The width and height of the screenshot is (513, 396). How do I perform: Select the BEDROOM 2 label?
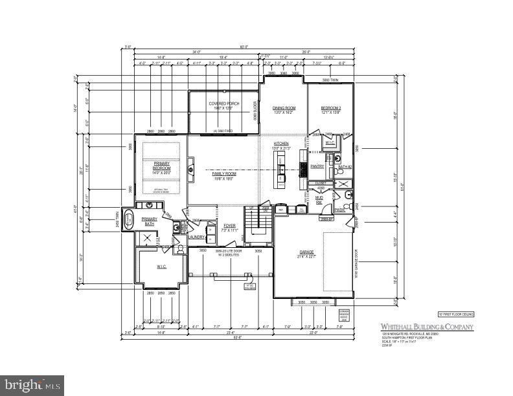point(330,108)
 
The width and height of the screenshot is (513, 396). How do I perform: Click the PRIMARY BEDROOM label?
point(161,166)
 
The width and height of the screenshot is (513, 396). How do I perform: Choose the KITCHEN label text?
point(282,143)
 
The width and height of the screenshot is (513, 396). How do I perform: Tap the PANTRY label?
point(317,166)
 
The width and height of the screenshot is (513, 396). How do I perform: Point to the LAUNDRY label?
point(197,237)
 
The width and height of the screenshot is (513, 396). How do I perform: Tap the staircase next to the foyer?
point(258,223)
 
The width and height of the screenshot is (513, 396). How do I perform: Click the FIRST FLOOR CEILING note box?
point(455,314)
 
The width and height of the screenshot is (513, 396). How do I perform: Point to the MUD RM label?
point(320,200)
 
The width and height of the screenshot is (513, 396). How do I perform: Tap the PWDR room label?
point(339,210)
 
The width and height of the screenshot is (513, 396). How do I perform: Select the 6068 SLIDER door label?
point(256,111)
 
